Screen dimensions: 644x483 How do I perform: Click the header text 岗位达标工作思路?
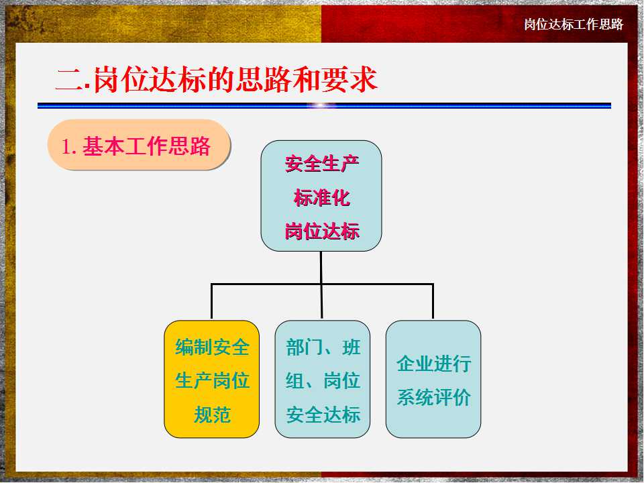pos(574,24)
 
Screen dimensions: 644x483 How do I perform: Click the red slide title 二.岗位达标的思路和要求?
pos(217,79)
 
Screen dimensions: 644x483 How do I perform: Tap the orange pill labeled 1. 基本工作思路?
pos(139,145)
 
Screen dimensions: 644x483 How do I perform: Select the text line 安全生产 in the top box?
pos(321,164)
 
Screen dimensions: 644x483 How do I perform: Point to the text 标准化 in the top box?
pos(321,198)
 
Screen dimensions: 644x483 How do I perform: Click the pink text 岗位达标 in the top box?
pos(321,231)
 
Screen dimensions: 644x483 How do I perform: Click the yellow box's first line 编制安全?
pos(212,347)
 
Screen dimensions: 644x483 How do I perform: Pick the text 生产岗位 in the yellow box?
pos(212,380)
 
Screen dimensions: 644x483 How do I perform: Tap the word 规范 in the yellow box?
pos(212,415)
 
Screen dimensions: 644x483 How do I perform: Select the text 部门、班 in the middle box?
pos(323,347)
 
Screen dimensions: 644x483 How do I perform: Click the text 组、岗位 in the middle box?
pos(323,380)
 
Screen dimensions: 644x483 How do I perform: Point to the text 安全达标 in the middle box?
pos(323,415)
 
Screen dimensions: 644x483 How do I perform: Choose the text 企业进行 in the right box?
pos(434,364)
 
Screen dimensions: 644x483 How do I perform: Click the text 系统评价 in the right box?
pos(434,398)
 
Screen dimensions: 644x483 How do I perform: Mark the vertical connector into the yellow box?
pos(211,301)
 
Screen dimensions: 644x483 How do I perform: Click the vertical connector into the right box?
pos(433,301)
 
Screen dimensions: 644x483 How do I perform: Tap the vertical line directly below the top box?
pos(321,284)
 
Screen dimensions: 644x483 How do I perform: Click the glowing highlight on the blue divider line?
pos(321,105)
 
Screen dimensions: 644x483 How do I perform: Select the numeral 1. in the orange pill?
pos(69,146)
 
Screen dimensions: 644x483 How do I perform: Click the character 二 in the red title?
pos(69,79)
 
